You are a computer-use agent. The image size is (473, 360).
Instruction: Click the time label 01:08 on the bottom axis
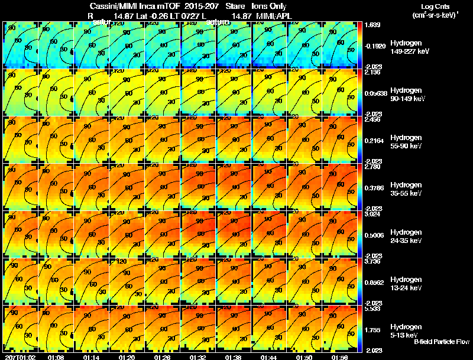[x=56, y=357]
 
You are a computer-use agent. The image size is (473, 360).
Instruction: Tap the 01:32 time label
[x=198, y=357]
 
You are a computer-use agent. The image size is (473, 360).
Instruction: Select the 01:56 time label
[x=340, y=357]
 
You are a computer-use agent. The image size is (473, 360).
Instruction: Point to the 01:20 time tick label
[x=127, y=357]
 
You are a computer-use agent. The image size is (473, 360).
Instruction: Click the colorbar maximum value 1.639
[x=372, y=25]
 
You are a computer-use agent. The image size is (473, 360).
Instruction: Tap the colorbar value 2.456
[x=372, y=120]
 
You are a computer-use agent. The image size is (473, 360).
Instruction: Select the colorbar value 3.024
[x=372, y=215]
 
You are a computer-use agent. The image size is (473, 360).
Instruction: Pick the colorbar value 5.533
[x=372, y=309]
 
